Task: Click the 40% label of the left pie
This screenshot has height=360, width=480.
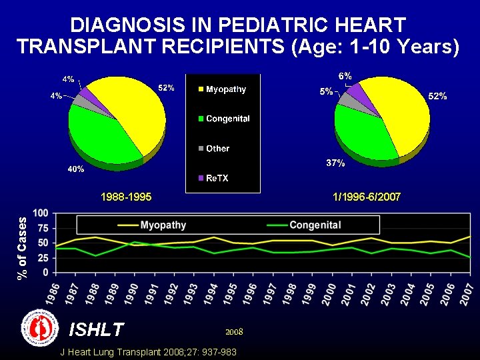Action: [x=76, y=169]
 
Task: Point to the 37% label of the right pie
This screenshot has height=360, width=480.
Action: [x=335, y=163]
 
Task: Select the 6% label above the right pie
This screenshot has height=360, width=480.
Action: [x=345, y=75]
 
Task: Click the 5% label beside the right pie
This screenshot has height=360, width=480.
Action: [x=326, y=92]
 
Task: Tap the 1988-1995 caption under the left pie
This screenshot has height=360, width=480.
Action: [x=126, y=197]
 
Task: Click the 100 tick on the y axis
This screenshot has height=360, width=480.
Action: [x=41, y=213]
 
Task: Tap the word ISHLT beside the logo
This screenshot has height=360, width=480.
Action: [x=97, y=329]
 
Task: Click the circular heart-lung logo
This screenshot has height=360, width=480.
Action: [x=37, y=327]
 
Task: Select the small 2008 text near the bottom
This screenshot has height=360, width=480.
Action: [x=234, y=331]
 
